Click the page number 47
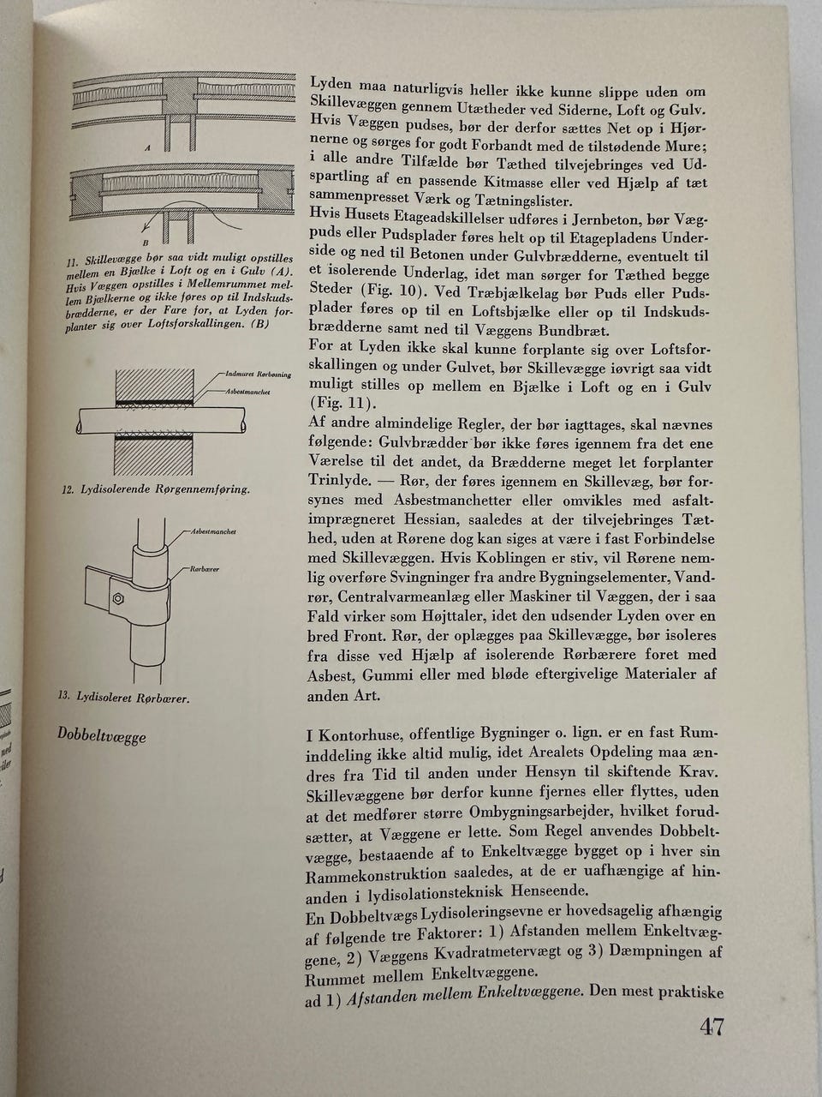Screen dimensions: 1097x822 coord(712,1027)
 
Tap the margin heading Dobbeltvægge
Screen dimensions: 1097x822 coord(102,735)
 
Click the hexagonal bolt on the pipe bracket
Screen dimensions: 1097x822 coord(118,596)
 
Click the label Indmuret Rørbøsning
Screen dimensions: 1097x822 coord(259,375)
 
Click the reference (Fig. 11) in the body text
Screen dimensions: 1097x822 coord(342,404)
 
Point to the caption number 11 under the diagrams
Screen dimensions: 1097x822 coord(74,259)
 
